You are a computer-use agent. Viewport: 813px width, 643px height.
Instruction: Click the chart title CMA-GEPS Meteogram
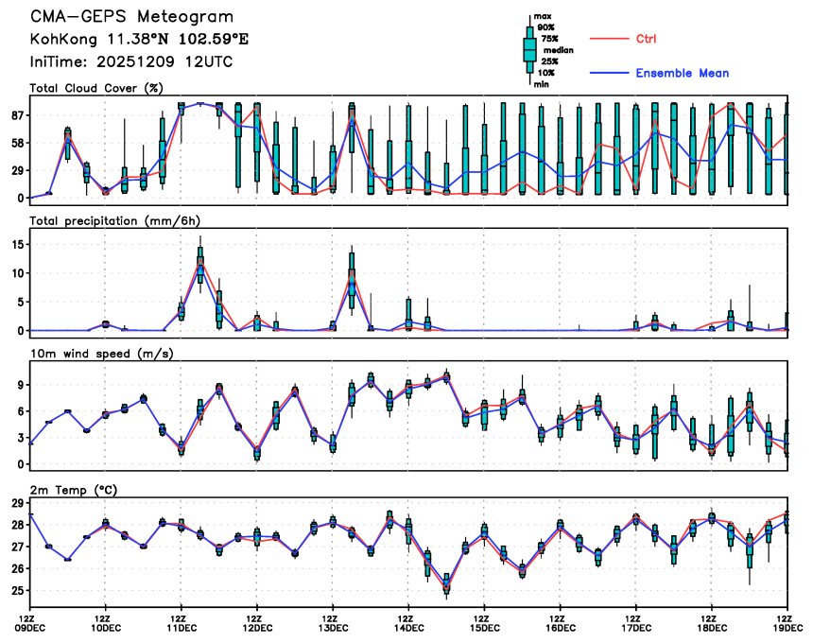131,18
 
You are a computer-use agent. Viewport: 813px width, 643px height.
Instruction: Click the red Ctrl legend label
647,39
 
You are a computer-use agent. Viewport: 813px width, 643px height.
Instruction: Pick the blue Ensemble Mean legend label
682,73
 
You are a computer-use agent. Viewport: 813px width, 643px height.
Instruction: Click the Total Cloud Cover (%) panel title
96,89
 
